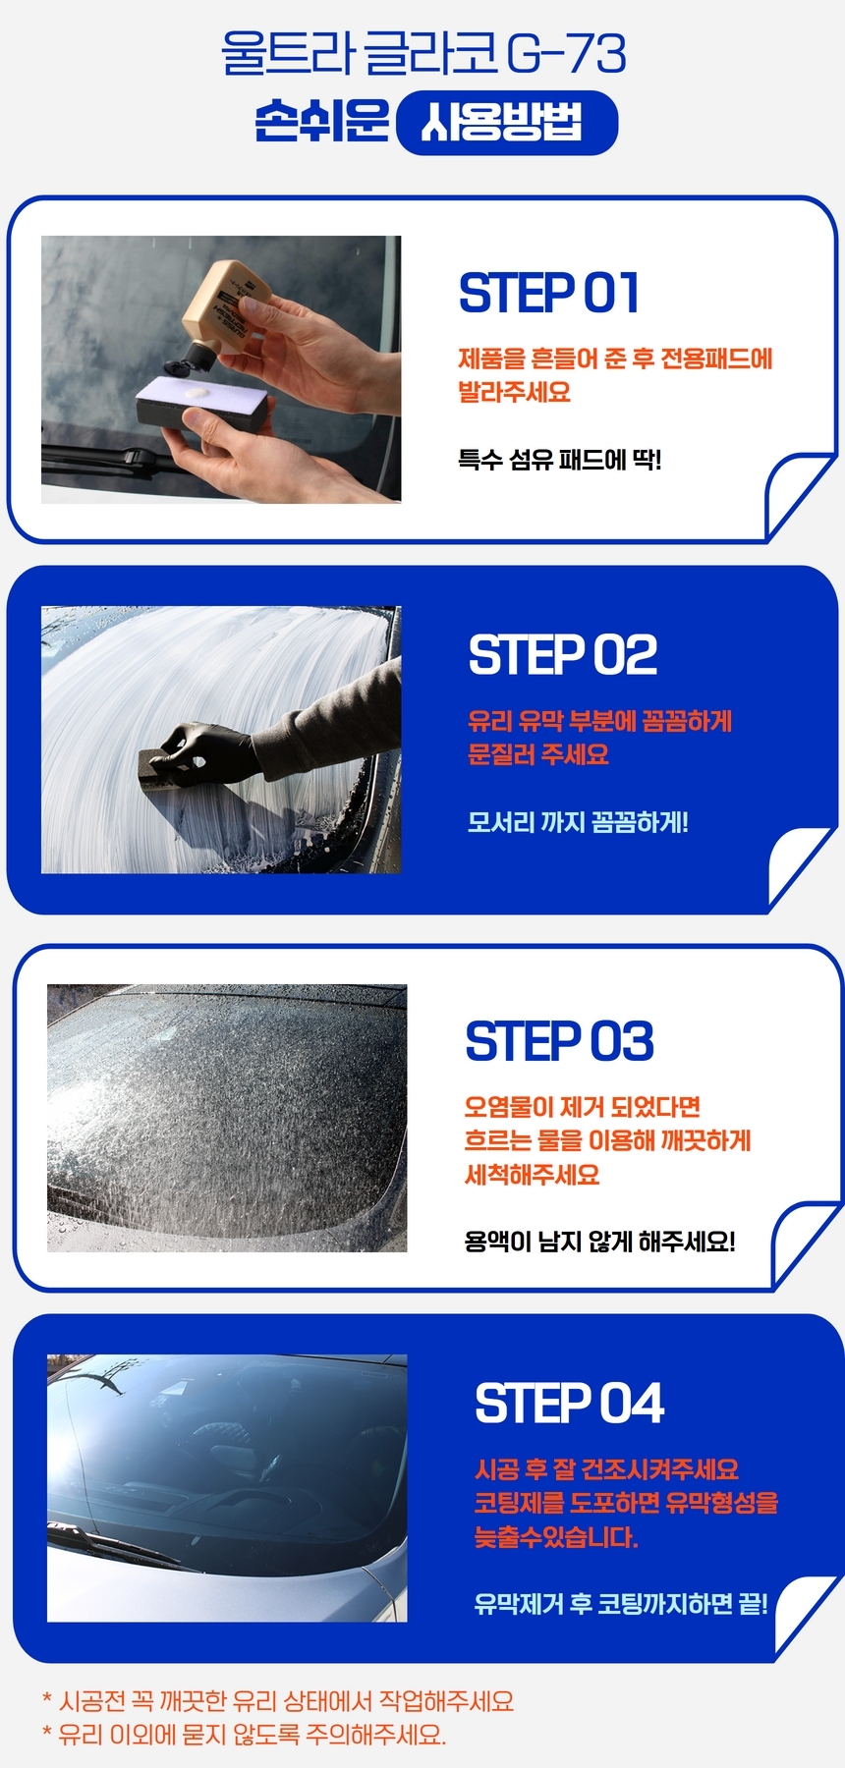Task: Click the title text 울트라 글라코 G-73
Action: (x=423, y=54)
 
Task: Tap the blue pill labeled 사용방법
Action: (x=507, y=123)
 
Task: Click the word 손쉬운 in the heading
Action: (x=321, y=122)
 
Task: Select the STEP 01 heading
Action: (x=549, y=293)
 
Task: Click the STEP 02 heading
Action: (x=563, y=655)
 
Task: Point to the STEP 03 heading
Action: (x=559, y=1041)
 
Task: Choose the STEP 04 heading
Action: (x=570, y=1403)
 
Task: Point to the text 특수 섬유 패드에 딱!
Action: (x=560, y=459)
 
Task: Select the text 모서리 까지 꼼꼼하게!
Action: (x=578, y=821)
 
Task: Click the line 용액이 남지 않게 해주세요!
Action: (x=599, y=1241)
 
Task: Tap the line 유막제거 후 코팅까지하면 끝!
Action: (x=621, y=1603)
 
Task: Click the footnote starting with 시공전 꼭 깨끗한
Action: (x=278, y=1701)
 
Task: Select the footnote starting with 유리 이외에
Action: (x=244, y=1735)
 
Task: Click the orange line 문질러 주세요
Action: (x=538, y=754)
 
